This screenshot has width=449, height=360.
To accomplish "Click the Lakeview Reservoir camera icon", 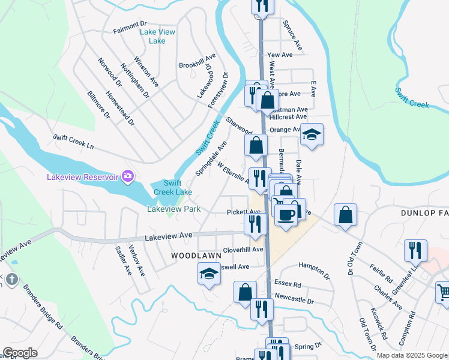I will click(x=127, y=176).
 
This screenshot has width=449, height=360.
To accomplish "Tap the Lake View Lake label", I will click(x=153, y=37).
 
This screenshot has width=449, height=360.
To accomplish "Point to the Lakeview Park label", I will click(x=174, y=209).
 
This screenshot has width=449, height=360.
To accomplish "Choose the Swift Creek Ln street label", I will click(x=73, y=142).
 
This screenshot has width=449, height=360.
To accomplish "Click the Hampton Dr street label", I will click(x=315, y=269).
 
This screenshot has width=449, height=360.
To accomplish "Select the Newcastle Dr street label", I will click(x=294, y=298).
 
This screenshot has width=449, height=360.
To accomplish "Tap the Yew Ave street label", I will click(x=280, y=55).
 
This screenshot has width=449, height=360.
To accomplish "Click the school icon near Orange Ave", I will click(x=312, y=134).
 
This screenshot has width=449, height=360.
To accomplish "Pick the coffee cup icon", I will click(x=286, y=214).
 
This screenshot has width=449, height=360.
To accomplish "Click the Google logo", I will click(x=20, y=353).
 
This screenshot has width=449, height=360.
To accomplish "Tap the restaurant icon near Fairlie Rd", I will click(x=415, y=250).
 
